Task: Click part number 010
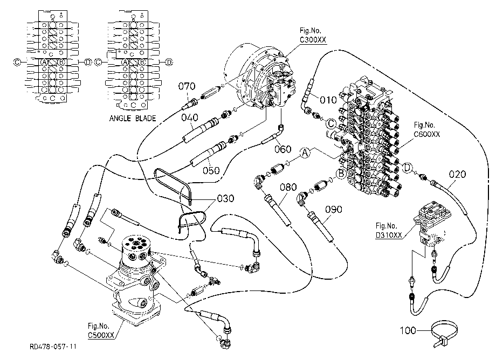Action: coord(328,100)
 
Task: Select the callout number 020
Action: coord(457,174)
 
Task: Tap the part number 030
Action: coord(225,198)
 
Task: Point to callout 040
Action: coord(189,117)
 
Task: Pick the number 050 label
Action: coord(211,171)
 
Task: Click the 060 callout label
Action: coord(283,149)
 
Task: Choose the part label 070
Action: coord(187,86)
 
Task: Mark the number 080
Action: coord(288,187)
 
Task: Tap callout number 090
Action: coord(334,210)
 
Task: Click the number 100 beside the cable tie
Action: coord(408,330)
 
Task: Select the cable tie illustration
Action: coord(444,334)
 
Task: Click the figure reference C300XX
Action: coord(313,40)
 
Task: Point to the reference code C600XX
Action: coord(427,134)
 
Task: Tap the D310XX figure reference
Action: coord(389,235)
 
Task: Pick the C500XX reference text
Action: coord(101,335)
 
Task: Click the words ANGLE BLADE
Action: coord(133,119)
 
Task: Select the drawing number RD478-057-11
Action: coord(53,347)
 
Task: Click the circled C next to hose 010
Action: coord(331,123)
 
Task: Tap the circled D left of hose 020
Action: coord(408,168)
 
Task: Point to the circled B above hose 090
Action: coord(341,174)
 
